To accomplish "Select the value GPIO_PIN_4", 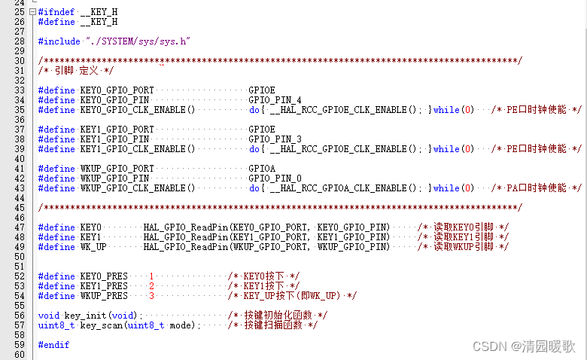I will [275, 100].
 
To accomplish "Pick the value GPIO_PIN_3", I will [275, 139].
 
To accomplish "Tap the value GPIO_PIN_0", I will [275, 178].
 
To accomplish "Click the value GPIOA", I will [262, 169].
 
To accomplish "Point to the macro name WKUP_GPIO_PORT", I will [117, 169].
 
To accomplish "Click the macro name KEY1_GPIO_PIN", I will [114, 139].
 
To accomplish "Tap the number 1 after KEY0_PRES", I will [151, 276].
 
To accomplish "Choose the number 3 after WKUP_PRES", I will [151, 296].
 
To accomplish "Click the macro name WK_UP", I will [93, 247].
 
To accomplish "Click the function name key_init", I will [84, 316].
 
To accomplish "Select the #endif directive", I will [53, 345].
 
